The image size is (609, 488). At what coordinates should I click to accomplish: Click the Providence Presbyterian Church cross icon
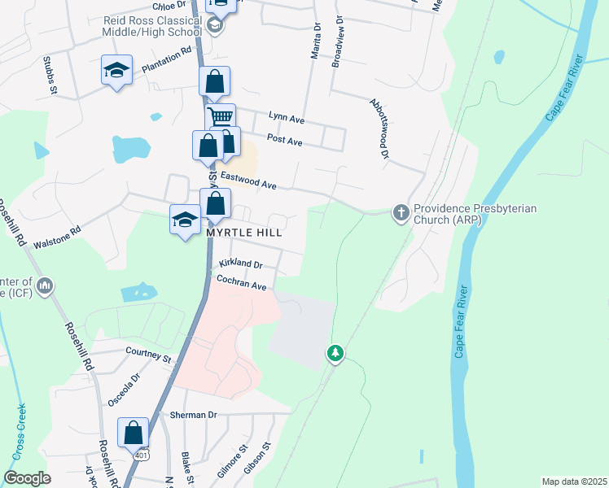click(x=401, y=212)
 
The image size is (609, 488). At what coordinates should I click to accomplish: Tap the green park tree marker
click(x=335, y=354)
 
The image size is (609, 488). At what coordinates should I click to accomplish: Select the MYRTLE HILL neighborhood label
click(x=243, y=233)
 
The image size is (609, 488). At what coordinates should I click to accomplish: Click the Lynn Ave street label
click(x=286, y=120)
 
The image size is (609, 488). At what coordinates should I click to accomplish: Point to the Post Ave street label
click(x=284, y=142)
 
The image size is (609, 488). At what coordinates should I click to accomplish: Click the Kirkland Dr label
click(x=241, y=264)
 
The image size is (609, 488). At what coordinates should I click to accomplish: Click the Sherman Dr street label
click(x=193, y=415)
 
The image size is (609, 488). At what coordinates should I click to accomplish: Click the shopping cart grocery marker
click(x=219, y=116)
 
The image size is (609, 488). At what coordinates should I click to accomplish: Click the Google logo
click(x=27, y=478)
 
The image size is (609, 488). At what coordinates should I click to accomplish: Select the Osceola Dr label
click(x=124, y=390)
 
